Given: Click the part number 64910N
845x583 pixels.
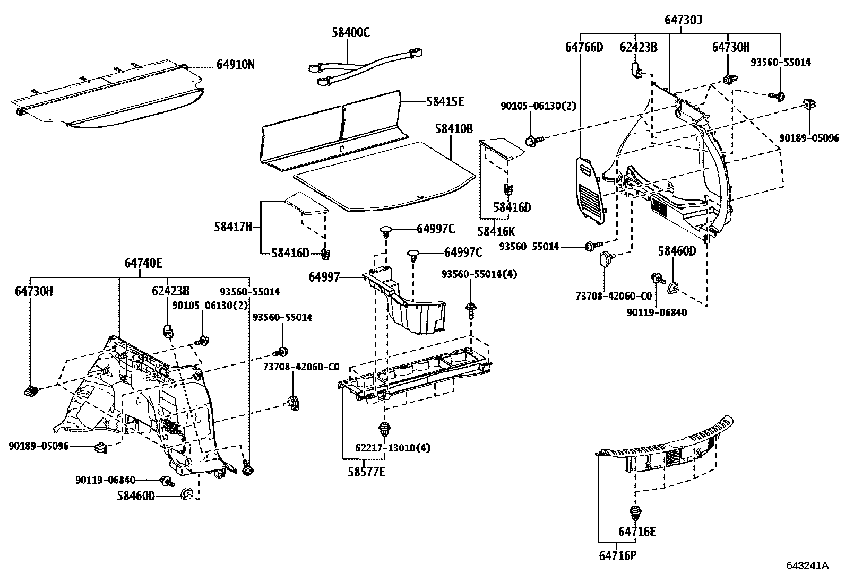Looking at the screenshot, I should [235, 65].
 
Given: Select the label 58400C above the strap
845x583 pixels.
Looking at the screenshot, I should [351, 32].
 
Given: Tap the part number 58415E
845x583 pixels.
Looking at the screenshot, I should [445, 101].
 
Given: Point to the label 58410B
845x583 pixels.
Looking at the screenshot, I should [454, 128].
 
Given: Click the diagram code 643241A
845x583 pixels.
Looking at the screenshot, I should [807, 565].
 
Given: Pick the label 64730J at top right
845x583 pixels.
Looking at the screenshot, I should [683, 20].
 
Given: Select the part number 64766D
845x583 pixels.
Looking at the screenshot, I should [584, 47].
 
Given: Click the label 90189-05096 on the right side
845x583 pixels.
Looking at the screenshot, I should [809, 138].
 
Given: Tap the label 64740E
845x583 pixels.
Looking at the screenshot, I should [143, 263].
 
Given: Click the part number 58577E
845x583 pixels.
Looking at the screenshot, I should [366, 471].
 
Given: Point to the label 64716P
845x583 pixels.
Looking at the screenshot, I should [617, 555].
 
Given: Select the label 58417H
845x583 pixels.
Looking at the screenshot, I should [232, 227].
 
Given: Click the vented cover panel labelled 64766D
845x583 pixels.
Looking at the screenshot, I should [590, 188].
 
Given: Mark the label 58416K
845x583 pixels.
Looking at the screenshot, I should [496, 231].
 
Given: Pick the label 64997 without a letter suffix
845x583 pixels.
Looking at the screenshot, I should [324, 276].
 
